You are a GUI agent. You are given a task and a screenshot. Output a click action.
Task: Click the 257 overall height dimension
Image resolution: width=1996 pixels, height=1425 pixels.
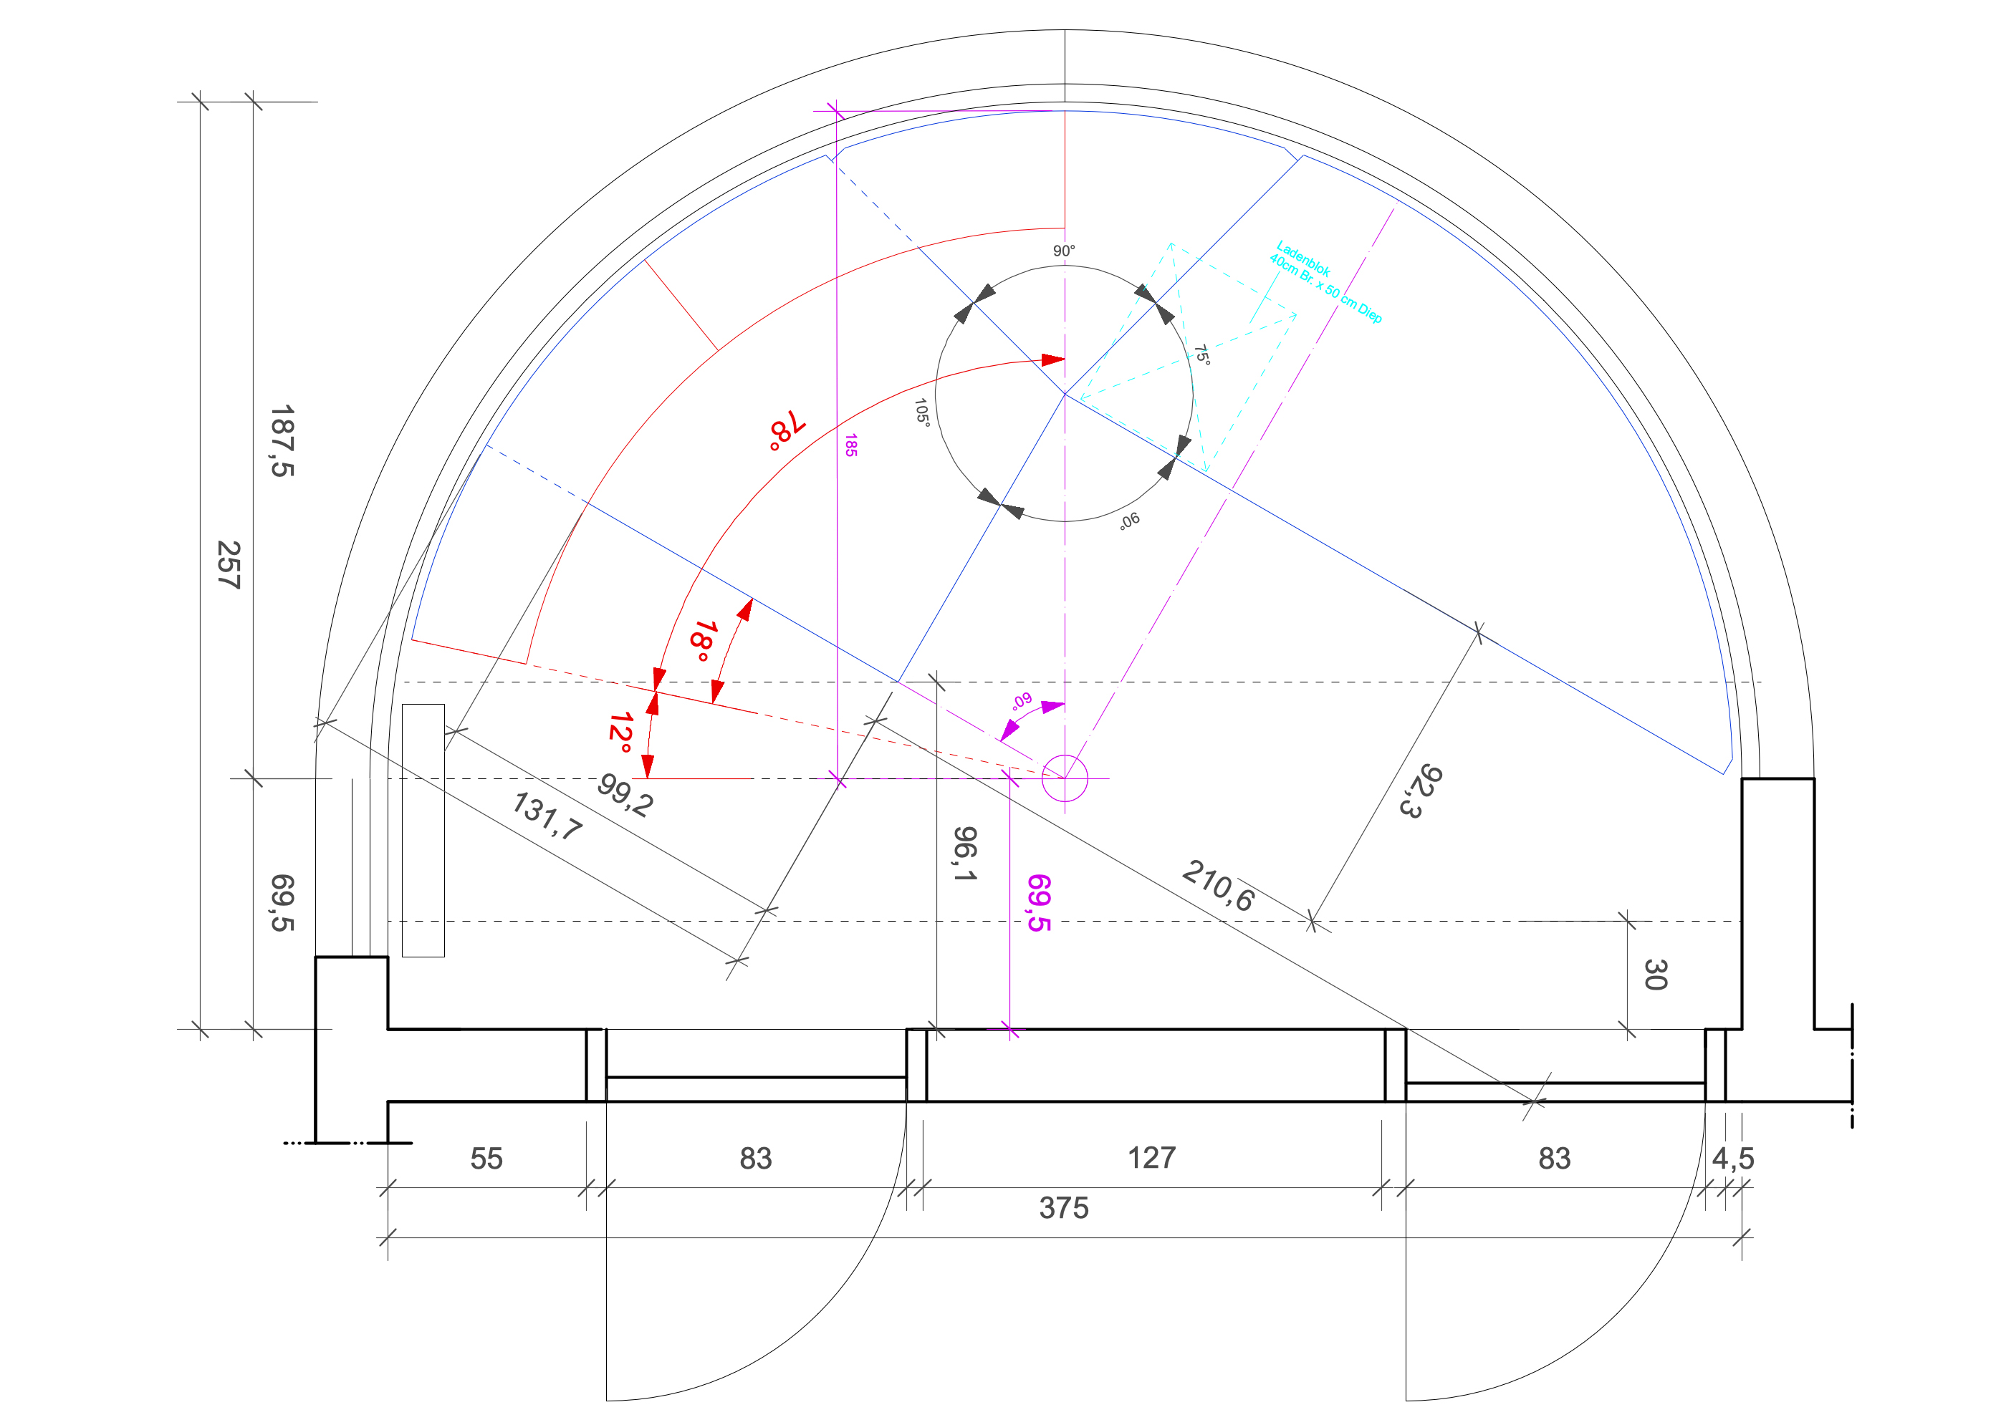tap(229, 564)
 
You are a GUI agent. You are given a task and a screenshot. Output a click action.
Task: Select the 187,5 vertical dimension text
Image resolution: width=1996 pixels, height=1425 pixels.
tap(282, 441)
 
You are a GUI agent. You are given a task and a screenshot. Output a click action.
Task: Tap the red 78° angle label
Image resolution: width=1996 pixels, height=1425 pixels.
tap(787, 429)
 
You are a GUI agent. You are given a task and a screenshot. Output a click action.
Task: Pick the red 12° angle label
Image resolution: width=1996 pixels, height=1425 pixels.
tap(620, 733)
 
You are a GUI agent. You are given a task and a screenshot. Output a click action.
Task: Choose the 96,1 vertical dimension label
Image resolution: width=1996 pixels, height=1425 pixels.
tap(964, 853)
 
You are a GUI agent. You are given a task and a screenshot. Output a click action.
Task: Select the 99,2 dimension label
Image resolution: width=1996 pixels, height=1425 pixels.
tap(625, 795)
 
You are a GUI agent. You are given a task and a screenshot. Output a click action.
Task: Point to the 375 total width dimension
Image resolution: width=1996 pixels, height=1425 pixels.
tap(1064, 1208)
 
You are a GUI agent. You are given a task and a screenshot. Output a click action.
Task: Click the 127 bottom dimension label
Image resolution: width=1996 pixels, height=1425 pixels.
tap(1151, 1158)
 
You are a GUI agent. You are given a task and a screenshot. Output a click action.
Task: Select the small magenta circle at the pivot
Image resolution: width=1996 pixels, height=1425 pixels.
tap(1065, 778)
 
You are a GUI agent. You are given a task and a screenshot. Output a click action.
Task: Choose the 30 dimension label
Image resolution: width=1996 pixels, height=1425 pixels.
tap(1656, 975)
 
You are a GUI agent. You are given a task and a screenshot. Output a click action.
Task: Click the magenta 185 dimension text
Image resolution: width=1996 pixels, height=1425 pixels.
tap(850, 445)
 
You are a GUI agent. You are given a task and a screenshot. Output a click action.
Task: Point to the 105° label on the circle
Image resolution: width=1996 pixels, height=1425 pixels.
tap(921, 412)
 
